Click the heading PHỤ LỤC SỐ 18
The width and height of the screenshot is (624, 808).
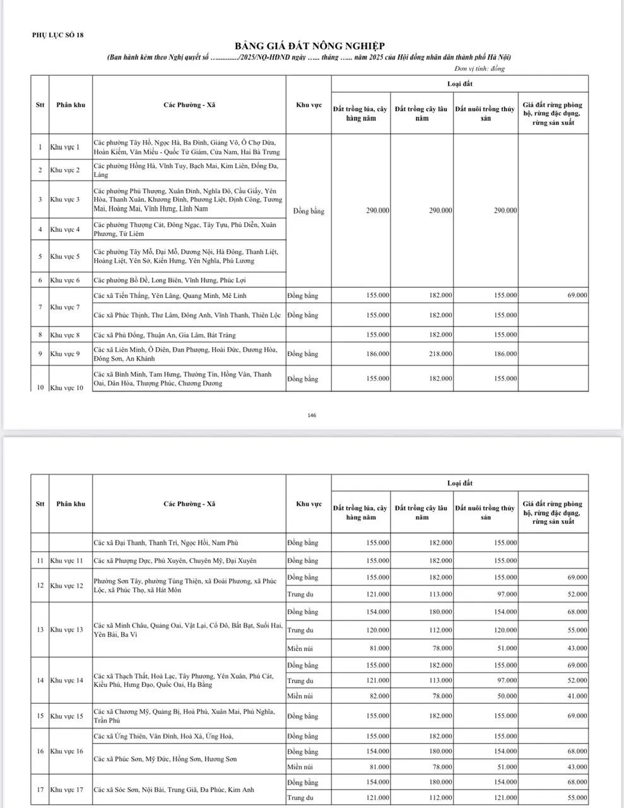point(57,35)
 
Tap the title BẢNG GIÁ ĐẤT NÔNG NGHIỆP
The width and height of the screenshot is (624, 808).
point(310,46)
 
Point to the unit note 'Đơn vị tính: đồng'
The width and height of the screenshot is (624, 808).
point(480,69)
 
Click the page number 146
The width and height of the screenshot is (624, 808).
point(312,415)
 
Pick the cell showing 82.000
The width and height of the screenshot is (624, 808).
point(377,696)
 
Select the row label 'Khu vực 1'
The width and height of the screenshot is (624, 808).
point(65,147)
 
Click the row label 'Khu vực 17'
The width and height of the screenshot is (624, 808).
point(66,790)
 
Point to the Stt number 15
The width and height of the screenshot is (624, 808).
point(40,716)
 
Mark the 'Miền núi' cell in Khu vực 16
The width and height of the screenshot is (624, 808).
point(300,766)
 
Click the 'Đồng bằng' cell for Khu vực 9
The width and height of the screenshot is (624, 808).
point(303,354)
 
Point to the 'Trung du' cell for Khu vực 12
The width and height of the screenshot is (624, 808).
point(300,594)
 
